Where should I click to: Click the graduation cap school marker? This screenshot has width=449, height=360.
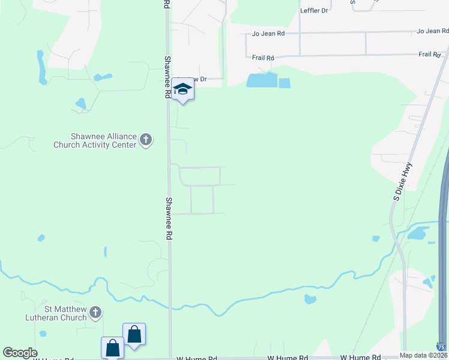click(x=182, y=90)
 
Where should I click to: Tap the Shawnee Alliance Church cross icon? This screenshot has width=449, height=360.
click(x=145, y=140)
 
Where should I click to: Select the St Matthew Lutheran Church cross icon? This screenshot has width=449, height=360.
click(x=95, y=313)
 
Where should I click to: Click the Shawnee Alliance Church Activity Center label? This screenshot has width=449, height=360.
click(x=94, y=140)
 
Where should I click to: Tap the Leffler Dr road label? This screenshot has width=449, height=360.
click(x=315, y=11)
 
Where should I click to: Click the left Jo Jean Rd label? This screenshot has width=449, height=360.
click(x=268, y=34)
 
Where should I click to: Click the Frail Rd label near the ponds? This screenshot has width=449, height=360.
click(x=263, y=58)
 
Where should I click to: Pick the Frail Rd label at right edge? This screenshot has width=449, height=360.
click(x=429, y=55)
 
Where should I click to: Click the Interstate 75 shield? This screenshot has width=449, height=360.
click(x=441, y=347)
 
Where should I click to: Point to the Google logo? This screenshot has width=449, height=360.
click(x=20, y=353)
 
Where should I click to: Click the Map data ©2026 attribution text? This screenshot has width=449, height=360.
click(x=424, y=355)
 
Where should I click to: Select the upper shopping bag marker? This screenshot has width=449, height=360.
click(x=134, y=334)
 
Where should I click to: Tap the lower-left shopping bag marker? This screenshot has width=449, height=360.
click(x=112, y=347)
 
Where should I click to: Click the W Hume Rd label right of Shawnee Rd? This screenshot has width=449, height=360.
click(x=197, y=358)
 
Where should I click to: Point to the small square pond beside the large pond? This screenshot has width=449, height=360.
click(x=285, y=83)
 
